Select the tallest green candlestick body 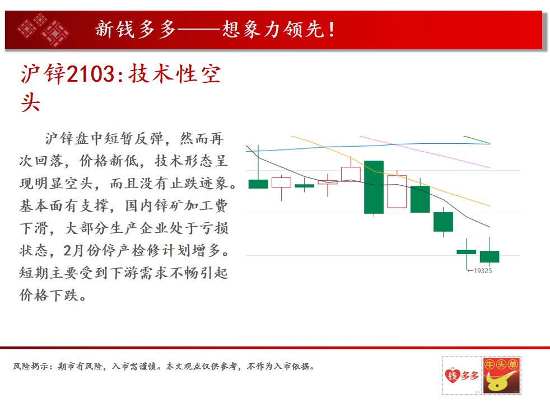[374, 187]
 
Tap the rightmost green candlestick [490, 256]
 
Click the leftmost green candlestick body [258, 184]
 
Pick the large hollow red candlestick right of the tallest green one [397, 191]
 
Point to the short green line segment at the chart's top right [477, 139]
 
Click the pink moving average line [425, 152]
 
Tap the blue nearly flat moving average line [368, 147]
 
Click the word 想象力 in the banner [252, 29]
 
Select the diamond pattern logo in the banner [44, 30]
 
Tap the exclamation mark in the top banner [331, 30]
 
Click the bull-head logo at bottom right [502, 376]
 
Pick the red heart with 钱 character [452, 376]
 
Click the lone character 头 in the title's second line [30, 102]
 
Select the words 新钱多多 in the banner [135, 29]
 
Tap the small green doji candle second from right [466, 252]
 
